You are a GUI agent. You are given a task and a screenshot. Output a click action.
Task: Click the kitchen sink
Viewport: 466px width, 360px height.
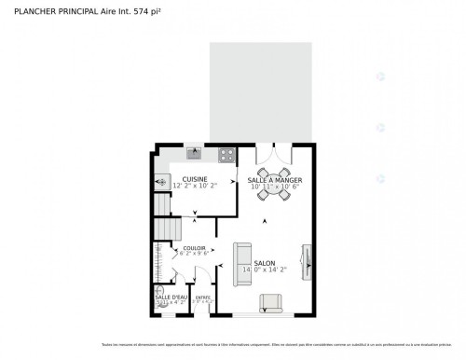coord(193,152)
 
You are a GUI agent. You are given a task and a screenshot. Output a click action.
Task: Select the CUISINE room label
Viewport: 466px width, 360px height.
coord(195,179)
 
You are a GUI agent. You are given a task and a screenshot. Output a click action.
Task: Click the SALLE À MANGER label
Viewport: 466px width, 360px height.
coord(274,180)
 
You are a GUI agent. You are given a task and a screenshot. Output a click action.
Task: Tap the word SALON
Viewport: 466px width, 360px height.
coord(264,263)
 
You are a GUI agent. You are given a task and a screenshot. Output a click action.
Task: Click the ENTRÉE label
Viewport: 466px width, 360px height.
coord(202,296)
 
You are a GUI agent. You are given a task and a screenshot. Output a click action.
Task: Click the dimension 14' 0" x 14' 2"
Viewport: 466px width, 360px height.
coord(264,270)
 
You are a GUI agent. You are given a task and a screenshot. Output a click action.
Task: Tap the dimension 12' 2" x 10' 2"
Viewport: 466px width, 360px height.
coord(195,187)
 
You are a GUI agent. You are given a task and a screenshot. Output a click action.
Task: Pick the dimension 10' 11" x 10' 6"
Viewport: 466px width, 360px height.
coord(274,187)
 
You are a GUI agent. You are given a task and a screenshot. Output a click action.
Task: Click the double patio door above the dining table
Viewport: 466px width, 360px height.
coord(274,149)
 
